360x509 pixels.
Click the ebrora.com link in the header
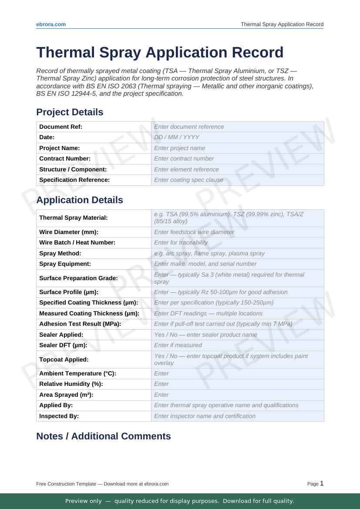[x=51, y=24]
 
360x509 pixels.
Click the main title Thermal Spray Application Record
[x=160, y=52]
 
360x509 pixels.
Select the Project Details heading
[x=70, y=112]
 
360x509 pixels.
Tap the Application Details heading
[x=80, y=200]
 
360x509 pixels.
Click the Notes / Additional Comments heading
[x=104, y=436]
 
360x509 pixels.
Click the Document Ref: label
[x=61, y=127]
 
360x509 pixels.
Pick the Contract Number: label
[x=65, y=159]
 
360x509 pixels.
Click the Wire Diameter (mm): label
[x=69, y=232]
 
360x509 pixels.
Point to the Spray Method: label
[x=60, y=253]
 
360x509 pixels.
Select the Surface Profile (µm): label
[x=69, y=292]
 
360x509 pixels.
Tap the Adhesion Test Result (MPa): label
[x=80, y=324]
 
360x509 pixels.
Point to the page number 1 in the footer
[x=322, y=483]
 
